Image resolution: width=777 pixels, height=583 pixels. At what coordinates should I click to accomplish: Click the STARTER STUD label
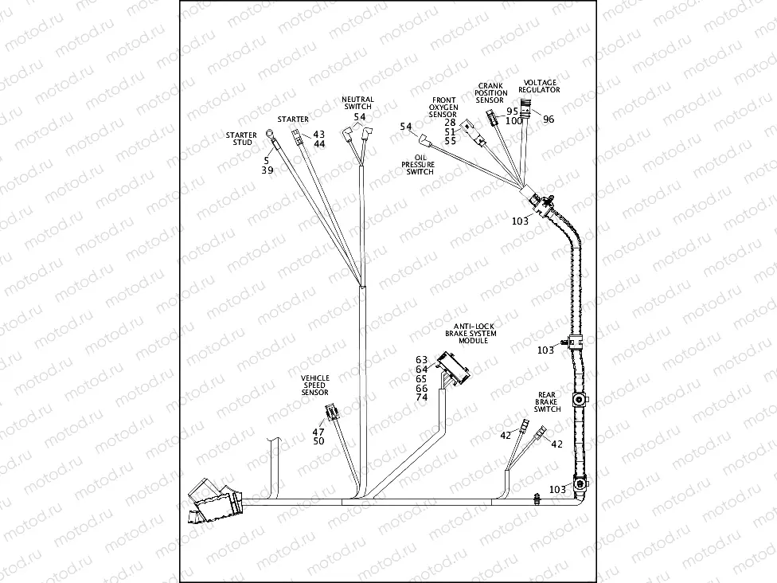coord(241,139)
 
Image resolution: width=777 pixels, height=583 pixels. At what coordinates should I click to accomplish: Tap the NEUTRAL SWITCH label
coord(358,103)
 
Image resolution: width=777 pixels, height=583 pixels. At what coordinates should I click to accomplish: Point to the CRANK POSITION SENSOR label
coord(490,92)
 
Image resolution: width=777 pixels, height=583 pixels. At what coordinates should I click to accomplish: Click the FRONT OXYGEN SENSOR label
coord(443,108)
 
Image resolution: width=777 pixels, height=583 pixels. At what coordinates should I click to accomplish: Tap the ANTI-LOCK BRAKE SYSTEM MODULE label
coord(474,333)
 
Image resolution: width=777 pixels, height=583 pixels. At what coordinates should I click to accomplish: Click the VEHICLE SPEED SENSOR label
coord(315,385)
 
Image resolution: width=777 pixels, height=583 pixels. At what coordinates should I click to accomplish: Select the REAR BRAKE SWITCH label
coord(547,401)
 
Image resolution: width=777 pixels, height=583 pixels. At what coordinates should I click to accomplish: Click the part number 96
coord(549,119)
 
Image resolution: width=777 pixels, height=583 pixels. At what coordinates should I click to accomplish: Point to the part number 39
coord(267,170)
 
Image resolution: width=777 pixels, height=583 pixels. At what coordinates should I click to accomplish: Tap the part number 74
coord(421,397)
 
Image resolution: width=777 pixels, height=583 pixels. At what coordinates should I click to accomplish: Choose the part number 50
coord(318,441)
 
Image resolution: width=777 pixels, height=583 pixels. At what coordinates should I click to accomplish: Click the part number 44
coord(319,144)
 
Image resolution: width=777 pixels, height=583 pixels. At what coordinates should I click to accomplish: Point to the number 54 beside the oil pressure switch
coord(406,127)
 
